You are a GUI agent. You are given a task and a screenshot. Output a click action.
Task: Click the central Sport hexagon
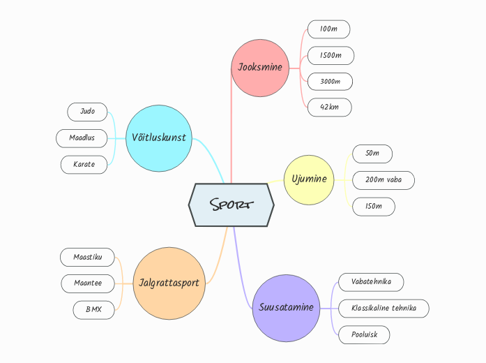click(231, 205)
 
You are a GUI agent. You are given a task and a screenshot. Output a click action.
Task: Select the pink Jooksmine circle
click(259, 68)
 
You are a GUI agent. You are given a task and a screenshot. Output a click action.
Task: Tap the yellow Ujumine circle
click(309, 179)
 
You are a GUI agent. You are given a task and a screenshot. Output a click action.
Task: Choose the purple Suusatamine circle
click(286, 308)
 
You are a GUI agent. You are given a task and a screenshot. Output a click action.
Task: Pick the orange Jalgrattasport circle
click(169, 283)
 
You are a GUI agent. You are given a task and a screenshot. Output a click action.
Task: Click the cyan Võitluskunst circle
click(159, 138)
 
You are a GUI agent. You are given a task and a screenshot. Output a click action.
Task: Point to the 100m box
click(328, 29)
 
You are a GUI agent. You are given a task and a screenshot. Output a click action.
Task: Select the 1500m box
click(331, 55)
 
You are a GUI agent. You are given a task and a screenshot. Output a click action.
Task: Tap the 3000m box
click(330, 82)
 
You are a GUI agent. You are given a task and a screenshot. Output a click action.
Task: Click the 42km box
click(329, 108)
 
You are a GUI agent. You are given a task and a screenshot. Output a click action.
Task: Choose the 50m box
click(372, 154)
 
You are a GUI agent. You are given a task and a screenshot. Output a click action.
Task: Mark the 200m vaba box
click(383, 180)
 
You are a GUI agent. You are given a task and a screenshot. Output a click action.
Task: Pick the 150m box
click(373, 207)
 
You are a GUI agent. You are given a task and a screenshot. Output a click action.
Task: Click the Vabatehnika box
click(371, 282)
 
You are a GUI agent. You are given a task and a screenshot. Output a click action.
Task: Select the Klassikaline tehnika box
click(384, 308)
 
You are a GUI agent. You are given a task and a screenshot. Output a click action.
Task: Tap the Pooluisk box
click(363, 334)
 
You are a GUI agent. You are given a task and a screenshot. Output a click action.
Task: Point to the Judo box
click(87, 112)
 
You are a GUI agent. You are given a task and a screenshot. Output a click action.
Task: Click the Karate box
click(84, 165)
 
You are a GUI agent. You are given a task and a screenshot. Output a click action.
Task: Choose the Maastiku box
click(88, 257)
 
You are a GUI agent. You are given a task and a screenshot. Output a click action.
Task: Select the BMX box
click(93, 309)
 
